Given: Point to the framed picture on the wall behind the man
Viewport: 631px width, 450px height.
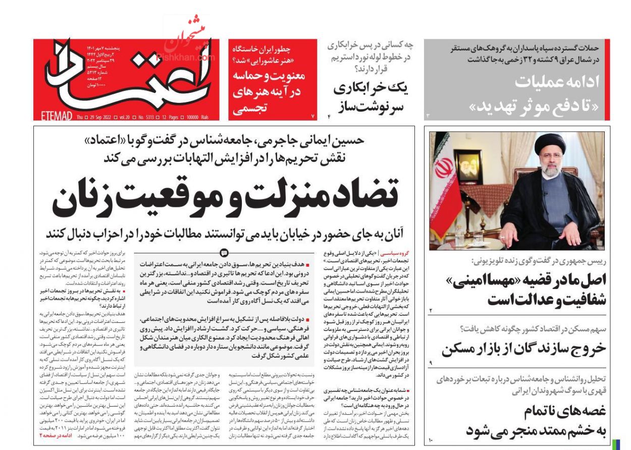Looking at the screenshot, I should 467,166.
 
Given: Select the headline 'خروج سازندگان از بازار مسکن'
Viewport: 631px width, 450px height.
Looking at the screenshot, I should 524,349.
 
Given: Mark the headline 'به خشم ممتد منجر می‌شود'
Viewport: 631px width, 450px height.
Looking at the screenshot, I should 536,431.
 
